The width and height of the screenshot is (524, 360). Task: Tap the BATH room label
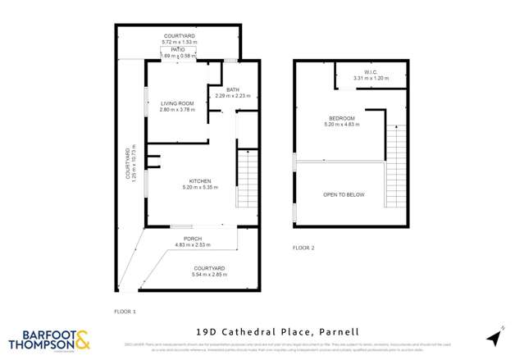232,89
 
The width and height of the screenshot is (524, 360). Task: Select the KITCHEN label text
200,181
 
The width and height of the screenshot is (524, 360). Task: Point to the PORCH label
194,239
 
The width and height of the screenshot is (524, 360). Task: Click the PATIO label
178,50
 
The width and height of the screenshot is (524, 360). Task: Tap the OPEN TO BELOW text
344,194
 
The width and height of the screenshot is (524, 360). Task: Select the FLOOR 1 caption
125,312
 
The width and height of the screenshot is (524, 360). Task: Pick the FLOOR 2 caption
303,247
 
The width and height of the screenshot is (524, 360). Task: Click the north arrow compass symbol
494,337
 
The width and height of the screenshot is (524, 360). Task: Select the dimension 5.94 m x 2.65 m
211,275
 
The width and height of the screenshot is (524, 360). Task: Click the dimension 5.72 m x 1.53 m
178,42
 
